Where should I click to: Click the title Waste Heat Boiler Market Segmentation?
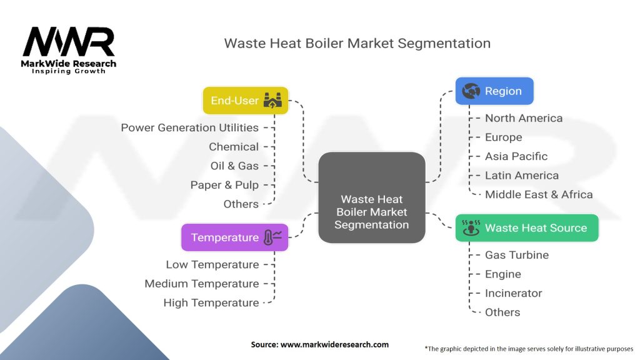click(x=357, y=43)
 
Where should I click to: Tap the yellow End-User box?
click(x=246, y=101)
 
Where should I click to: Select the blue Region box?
click(x=494, y=91)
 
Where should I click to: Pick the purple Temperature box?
click(x=234, y=237)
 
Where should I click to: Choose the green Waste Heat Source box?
click(x=527, y=228)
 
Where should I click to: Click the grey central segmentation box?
click(x=371, y=197)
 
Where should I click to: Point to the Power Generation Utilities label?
click(x=189, y=127)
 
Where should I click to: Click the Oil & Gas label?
click(x=234, y=166)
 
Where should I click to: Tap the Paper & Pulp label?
click(x=224, y=185)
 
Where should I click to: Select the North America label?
click(x=524, y=118)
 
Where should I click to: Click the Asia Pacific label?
click(x=516, y=156)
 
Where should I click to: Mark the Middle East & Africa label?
click(x=539, y=194)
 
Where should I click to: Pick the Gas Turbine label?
click(x=517, y=255)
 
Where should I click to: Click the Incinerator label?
click(x=514, y=293)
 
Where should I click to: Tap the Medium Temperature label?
click(x=201, y=284)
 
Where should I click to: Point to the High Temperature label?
click(x=211, y=302)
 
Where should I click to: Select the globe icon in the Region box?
click(x=471, y=91)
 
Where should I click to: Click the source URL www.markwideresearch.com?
click(x=319, y=344)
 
